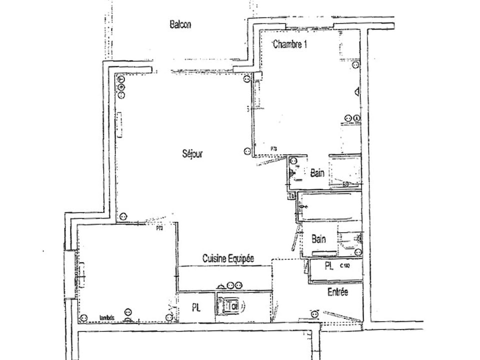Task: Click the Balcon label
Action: [180, 25]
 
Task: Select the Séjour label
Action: [192, 154]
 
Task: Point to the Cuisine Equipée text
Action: [228, 258]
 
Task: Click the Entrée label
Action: [337, 292]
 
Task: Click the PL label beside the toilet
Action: [196, 308]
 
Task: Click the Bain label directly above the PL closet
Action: [318, 239]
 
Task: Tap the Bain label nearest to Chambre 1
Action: [317, 173]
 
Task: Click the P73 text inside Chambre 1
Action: [273, 148]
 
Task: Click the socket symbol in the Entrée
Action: [314, 314]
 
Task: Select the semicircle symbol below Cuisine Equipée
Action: [221, 285]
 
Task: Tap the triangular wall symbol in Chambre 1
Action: [356, 91]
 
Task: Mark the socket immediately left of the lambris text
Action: [84, 317]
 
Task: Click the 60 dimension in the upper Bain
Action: [345, 184]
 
